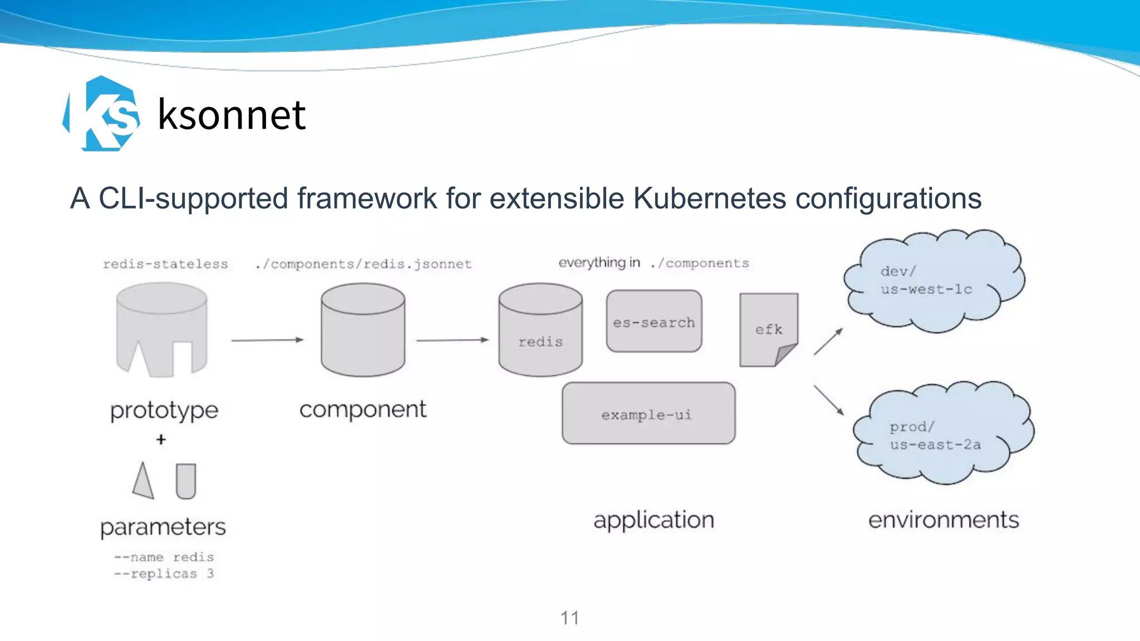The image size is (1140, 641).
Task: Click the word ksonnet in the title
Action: click(232, 115)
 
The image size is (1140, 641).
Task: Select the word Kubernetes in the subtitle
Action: click(710, 199)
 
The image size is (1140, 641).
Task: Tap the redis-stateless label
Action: click(165, 264)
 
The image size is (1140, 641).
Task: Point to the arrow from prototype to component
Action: click(267, 339)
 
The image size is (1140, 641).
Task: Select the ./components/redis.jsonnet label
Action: click(363, 264)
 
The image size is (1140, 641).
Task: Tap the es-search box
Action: click(654, 322)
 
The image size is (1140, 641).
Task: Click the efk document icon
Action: click(768, 329)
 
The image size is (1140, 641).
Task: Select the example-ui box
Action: click(648, 413)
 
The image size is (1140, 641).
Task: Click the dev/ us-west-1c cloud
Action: click(934, 281)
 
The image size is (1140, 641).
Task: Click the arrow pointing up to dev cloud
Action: click(828, 341)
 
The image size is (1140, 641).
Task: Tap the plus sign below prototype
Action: click(161, 440)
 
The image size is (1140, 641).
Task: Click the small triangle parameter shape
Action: click(143, 481)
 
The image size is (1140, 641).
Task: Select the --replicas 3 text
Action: click(164, 574)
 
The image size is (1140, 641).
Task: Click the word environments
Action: click(944, 520)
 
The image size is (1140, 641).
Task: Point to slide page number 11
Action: click(569, 618)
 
